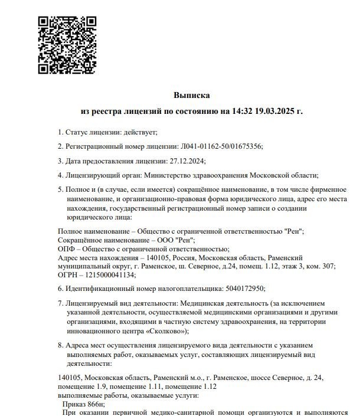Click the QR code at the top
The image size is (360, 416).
tap(67, 45)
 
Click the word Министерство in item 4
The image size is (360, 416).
tap(162, 175)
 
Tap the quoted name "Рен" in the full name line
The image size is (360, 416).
tap(293, 232)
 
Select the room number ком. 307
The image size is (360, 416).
tap(320, 267)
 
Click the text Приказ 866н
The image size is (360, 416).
tap(83, 404)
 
